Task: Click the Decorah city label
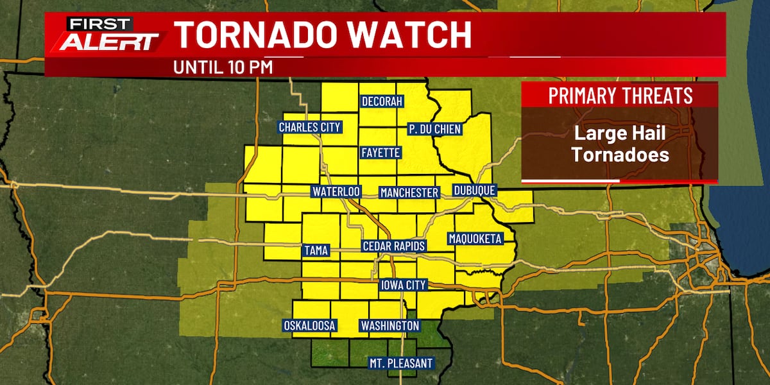[x=382, y=102]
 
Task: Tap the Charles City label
[x=309, y=127]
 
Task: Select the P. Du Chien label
[x=434, y=129]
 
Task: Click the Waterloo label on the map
[x=336, y=192]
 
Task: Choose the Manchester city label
[x=409, y=193]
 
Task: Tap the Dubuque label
[x=474, y=191]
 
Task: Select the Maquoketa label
[x=474, y=239]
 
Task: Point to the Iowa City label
[x=403, y=285]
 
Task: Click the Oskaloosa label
[x=310, y=326]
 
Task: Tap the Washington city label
[x=389, y=326]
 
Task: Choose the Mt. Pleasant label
[x=400, y=363]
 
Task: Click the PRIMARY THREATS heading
[x=620, y=96]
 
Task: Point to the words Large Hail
[x=620, y=134]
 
